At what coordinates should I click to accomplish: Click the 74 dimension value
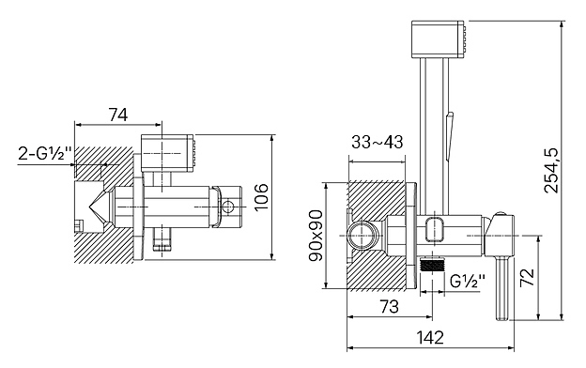point(118,115)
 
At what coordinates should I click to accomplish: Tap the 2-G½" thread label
point(45,153)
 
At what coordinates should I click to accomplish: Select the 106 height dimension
point(261,197)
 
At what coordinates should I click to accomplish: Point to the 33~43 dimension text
point(378,142)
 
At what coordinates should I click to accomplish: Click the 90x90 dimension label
point(316,236)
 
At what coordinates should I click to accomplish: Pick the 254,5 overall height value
point(551,170)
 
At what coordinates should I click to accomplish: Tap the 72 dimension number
point(528,277)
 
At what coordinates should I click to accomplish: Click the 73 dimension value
point(390,307)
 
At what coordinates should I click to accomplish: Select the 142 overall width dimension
point(430,337)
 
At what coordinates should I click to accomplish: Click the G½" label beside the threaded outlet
point(468,281)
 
